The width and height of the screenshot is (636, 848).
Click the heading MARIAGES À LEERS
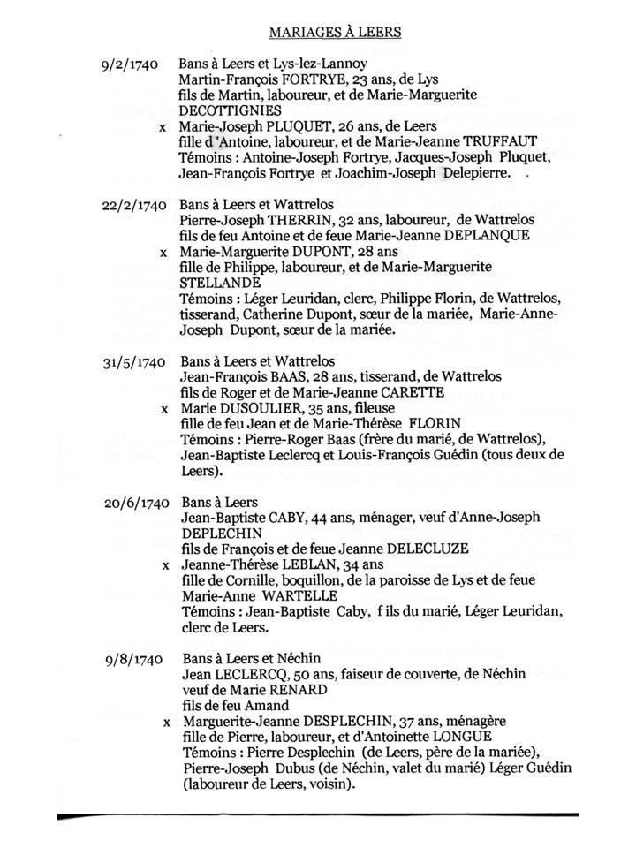pyautogui.click(x=334, y=33)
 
